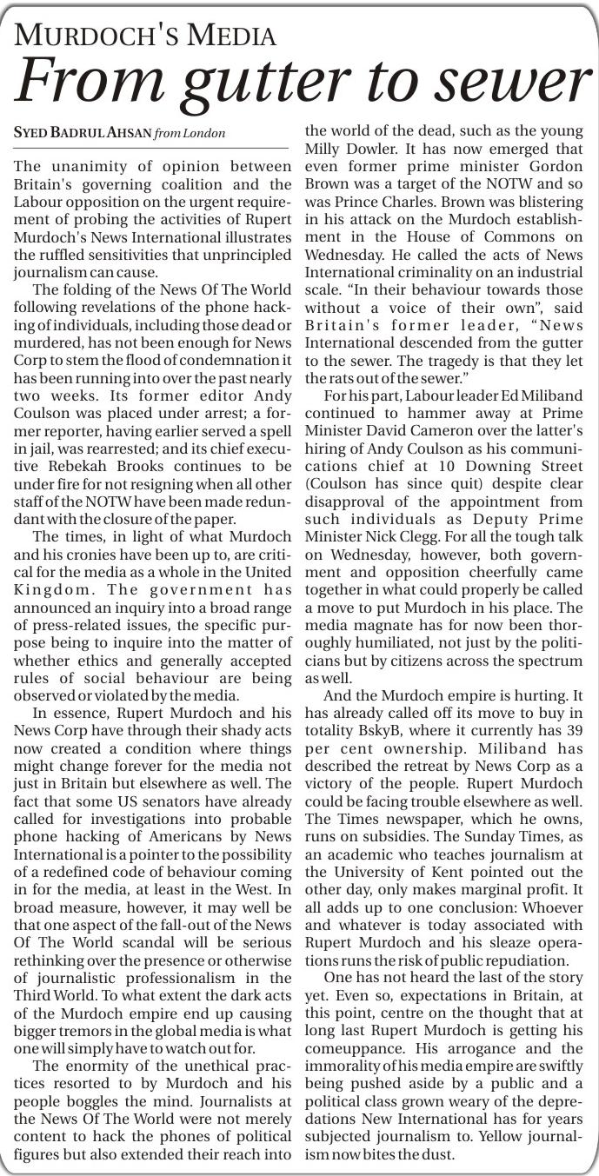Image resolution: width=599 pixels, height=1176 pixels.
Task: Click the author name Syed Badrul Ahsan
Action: (82, 133)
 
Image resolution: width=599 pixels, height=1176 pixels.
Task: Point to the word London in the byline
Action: (204, 133)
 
